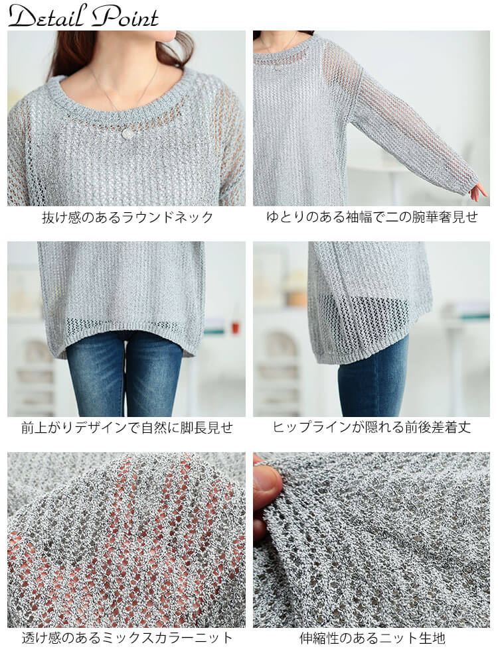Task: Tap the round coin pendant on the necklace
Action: pos(127,133)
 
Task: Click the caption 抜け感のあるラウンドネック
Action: pos(127,217)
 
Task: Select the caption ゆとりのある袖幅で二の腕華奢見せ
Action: pos(372,217)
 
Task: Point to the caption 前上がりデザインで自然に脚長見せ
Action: pos(127,428)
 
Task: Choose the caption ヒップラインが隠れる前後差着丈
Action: pos(372,428)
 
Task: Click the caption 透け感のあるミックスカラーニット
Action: pos(127,638)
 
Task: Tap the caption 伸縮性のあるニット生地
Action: pos(372,638)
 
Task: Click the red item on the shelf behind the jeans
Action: pos(236,328)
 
